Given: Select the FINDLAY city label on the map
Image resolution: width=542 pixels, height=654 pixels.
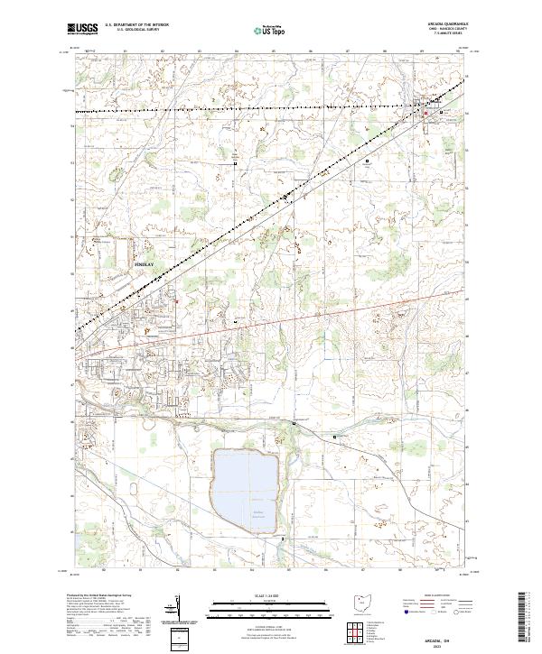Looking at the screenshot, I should [145, 264].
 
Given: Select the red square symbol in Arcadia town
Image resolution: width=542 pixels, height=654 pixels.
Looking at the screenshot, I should [427, 113].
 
